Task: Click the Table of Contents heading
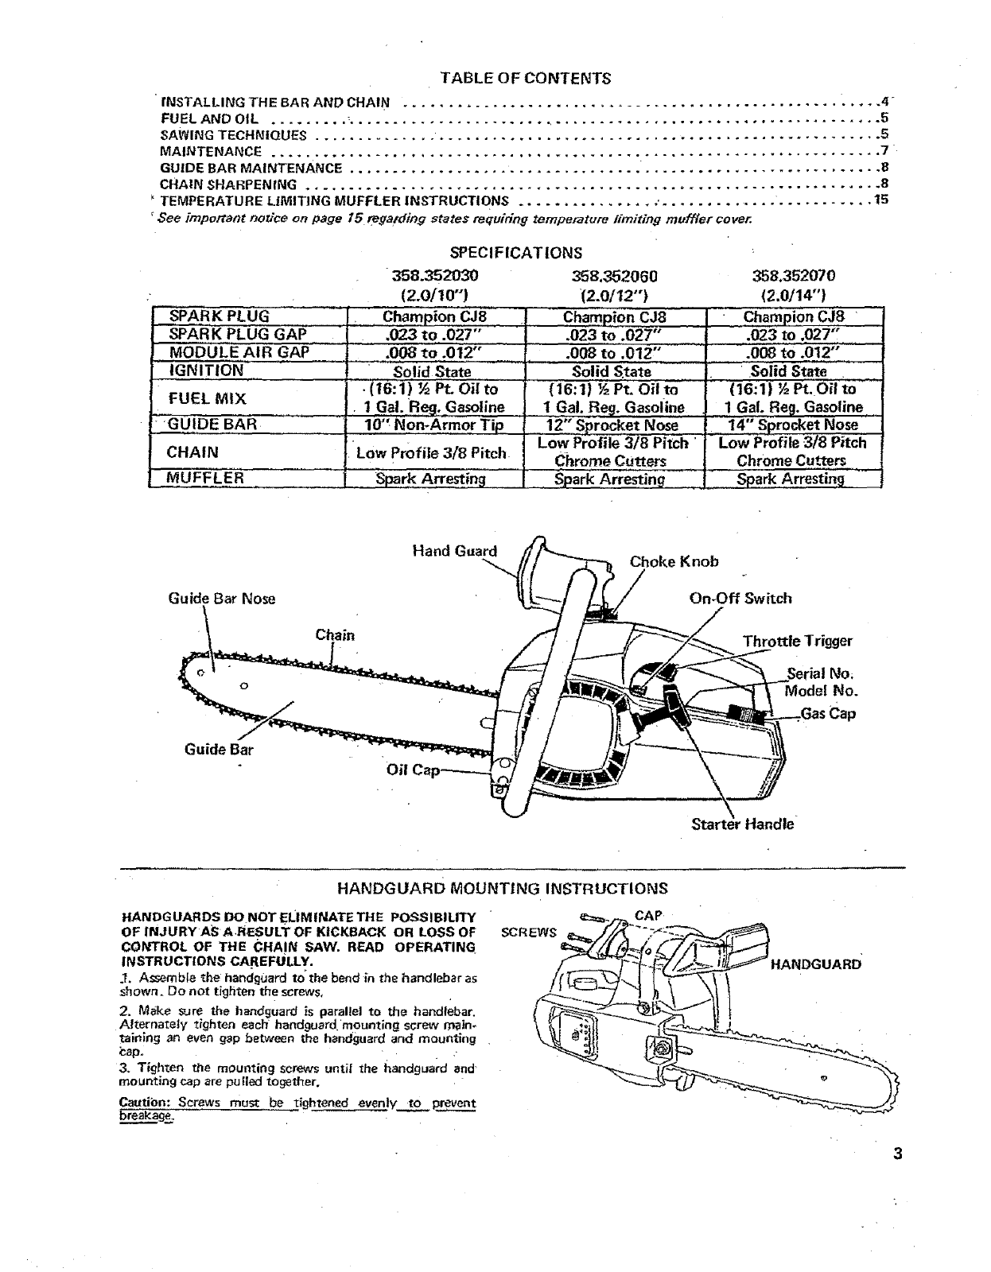tap(526, 78)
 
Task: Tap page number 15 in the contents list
tap(880, 200)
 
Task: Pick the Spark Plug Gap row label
tap(239, 334)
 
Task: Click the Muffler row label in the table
tap(205, 478)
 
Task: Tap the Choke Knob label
tap(674, 561)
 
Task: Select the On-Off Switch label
tap(740, 599)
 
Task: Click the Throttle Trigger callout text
tap(797, 641)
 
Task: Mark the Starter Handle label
tap(742, 824)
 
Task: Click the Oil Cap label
tap(412, 771)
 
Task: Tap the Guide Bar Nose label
tap(222, 598)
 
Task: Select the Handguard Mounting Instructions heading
tap(503, 888)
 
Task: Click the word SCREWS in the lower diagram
tap(529, 932)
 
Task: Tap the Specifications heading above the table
tap(516, 253)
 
